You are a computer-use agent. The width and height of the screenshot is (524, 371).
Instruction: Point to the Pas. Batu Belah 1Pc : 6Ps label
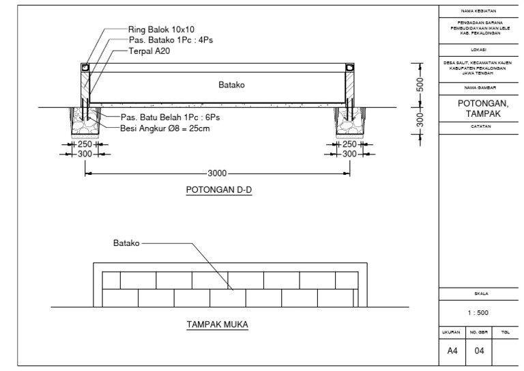[171, 117]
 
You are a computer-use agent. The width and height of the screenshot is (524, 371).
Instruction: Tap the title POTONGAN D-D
[218, 190]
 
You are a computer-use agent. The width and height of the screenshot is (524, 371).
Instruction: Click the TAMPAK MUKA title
[218, 325]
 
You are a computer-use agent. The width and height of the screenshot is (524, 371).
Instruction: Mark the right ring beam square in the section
[350, 68]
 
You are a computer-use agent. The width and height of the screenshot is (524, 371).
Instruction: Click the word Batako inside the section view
[232, 86]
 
